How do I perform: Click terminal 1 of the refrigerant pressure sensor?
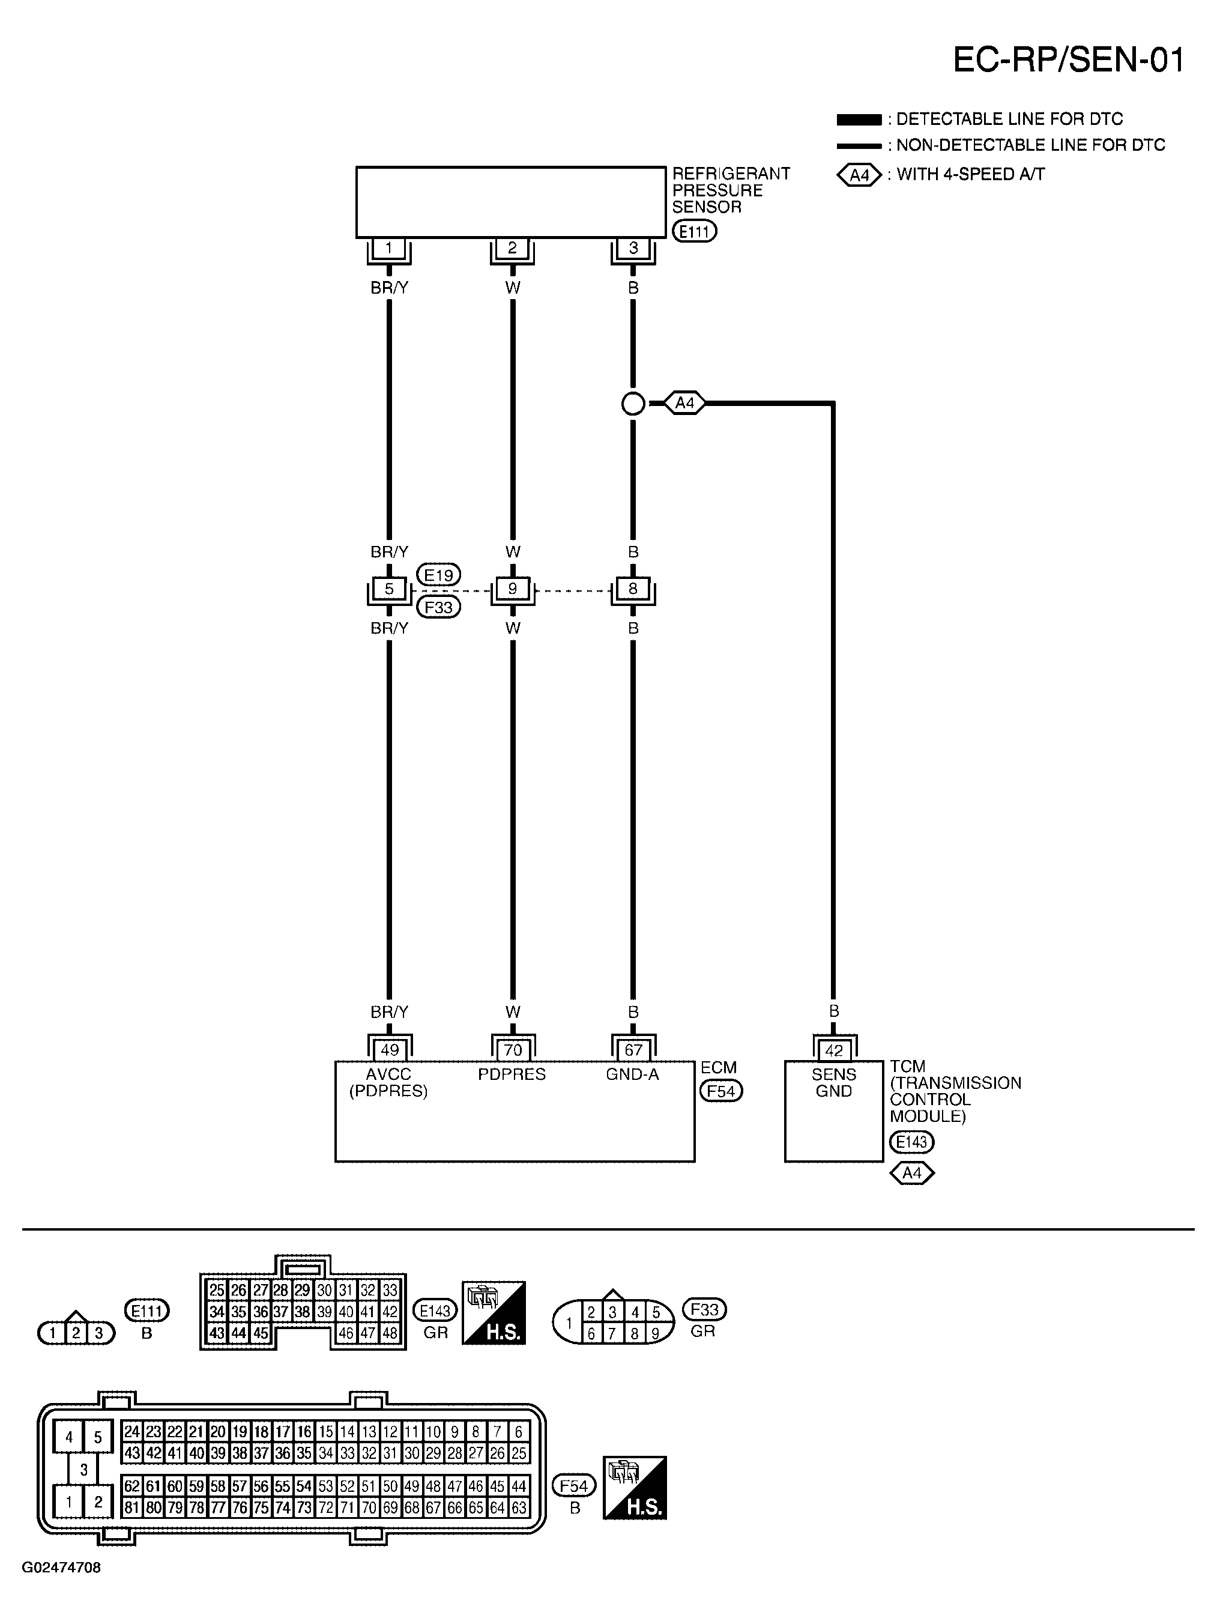coord(388,248)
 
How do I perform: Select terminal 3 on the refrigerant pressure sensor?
coord(633,248)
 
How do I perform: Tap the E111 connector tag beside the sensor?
coord(694,232)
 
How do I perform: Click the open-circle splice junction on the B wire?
coord(633,403)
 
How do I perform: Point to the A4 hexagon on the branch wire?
coord(684,403)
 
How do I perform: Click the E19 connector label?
coord(439,575)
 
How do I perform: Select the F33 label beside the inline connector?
coord(439,607)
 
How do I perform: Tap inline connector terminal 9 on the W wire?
coord(512,588)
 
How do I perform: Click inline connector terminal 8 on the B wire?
coord(633,588)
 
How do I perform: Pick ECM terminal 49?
coord(389,1050)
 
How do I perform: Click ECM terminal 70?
coord(512,1050)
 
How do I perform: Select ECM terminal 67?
coord(633,1050)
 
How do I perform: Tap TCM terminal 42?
coord(834,1050)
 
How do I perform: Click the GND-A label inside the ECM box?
coord(633,1074)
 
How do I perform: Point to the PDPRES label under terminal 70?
coord(512,1074)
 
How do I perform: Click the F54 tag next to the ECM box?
coord(721,1091)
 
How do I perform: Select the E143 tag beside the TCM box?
coord(912,1142)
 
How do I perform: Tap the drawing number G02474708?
coord(61,1568)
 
